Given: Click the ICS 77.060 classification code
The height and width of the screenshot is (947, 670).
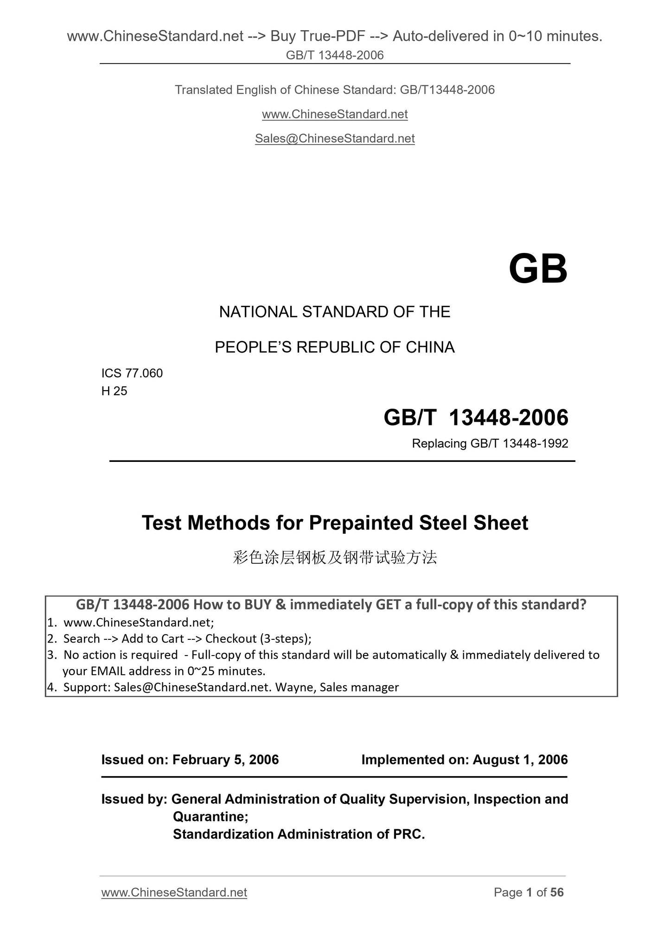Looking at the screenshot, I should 132,373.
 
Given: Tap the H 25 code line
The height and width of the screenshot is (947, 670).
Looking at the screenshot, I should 114,391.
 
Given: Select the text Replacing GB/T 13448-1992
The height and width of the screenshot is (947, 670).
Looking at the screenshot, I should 490,444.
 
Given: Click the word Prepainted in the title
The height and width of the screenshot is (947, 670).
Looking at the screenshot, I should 361,523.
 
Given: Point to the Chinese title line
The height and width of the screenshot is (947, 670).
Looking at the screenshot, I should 335,557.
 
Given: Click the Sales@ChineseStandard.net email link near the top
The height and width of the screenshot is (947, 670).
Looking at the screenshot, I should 335,139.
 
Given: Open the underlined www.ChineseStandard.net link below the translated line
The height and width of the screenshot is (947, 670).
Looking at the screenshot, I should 335,114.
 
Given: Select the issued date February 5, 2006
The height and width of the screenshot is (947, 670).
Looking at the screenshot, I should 225,760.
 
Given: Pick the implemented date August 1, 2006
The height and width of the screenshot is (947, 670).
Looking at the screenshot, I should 520,760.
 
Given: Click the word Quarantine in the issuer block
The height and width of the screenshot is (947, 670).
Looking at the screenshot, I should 210,816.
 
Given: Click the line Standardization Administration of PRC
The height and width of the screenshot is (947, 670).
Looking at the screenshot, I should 299,834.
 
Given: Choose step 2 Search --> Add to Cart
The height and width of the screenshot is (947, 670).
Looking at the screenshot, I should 187,638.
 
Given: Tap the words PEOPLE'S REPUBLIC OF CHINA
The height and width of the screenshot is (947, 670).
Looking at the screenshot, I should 334,347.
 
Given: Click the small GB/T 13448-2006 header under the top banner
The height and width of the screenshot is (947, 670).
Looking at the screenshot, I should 335,56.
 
